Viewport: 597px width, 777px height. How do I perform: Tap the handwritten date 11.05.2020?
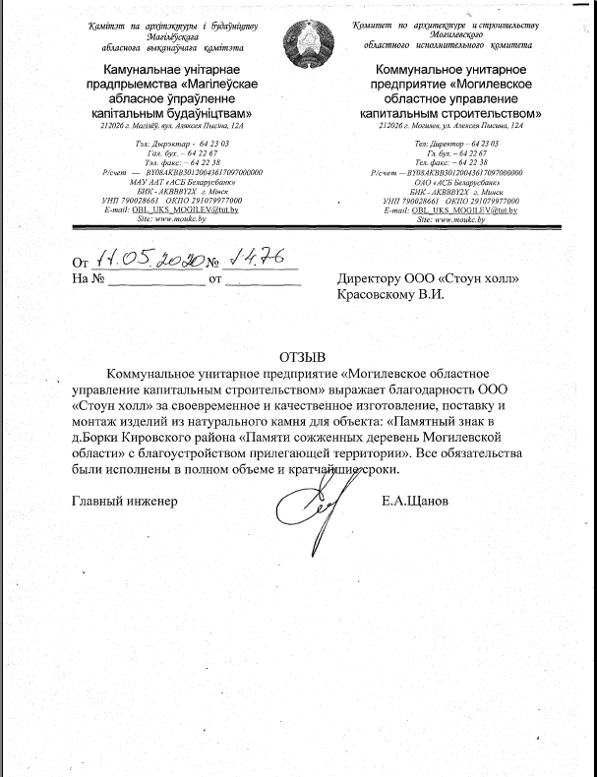coord(149,259)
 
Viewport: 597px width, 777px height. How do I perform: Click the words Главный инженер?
coord(123,502)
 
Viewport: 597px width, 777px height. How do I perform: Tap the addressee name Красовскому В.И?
coord(390,293)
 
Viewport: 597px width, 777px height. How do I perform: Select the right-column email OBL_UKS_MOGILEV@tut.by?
coord(451,211)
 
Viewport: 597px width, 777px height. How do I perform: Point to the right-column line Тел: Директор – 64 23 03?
coord(451,144)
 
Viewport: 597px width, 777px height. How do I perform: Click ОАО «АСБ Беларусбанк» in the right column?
coord(452,182)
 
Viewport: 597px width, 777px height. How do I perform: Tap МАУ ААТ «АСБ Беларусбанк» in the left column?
coord(173,182)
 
